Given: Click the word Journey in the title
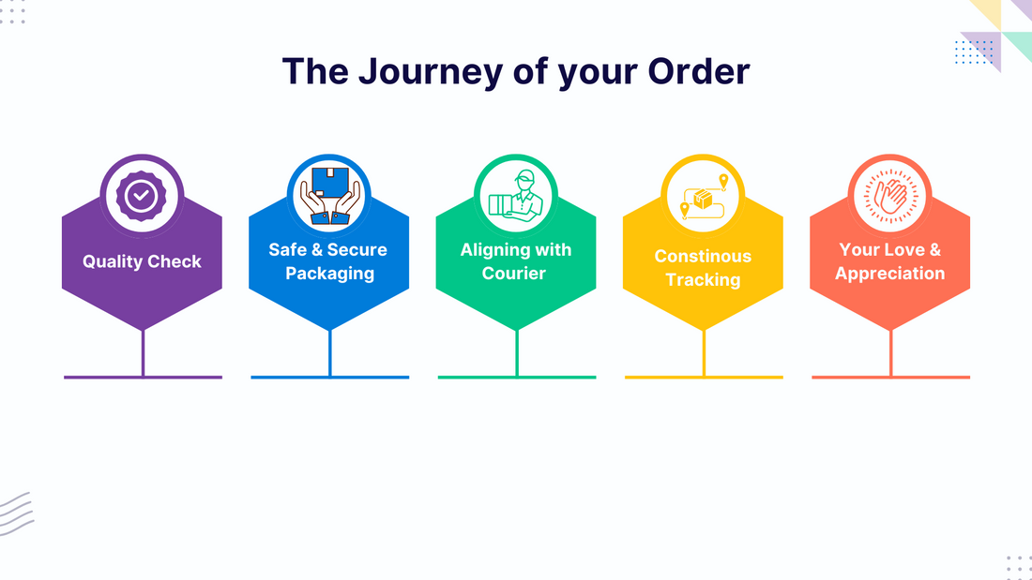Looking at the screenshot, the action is point(431,72).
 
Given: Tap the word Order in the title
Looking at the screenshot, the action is point(699,71).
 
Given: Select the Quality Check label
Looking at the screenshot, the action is point(142,261).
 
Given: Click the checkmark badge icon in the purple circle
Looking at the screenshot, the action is point(141,196).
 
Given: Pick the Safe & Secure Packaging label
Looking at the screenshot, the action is point(328,261).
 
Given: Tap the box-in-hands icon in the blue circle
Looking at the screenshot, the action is point(329,196).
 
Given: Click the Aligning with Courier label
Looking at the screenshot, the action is point(515,261).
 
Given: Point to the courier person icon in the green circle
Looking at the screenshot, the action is point(515,196).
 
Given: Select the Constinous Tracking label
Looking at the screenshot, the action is point(703,268).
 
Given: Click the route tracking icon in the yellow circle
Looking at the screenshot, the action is point(703,196).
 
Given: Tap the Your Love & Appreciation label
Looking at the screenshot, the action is point(889,261).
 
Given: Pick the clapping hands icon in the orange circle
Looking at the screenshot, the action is point(889,196).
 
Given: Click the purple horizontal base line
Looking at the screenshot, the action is point(143,378).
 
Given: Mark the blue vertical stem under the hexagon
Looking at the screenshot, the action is point(329,353).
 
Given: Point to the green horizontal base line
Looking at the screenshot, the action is point(517,378).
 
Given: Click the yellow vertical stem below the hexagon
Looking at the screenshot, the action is point(704,353).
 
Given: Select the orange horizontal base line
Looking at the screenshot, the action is point(890,378).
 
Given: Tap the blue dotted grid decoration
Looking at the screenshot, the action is point(974,52).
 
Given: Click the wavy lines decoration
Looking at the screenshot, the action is point(17,513).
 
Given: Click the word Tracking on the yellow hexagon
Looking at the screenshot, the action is point(703,280).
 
